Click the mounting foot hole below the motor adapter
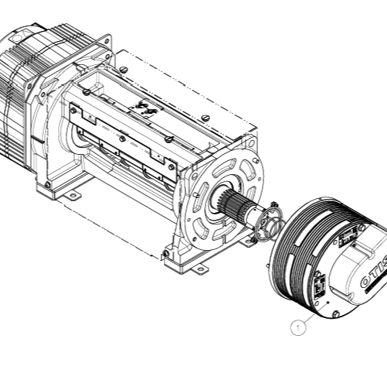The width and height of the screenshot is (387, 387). (x=73, y=196)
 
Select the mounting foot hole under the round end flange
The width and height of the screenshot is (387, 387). (x=200, y=269)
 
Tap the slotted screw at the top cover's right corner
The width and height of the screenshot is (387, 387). (x=207, y=118)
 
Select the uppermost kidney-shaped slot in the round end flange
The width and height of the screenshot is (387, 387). (x=232, y=164)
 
